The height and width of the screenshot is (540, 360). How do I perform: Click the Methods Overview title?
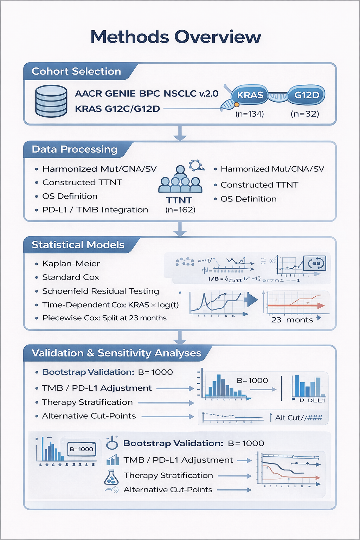(x=176, y=37)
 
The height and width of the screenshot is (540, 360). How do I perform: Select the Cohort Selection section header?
(x=76, y=71)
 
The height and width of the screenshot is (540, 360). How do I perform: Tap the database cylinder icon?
(x=51, y=101)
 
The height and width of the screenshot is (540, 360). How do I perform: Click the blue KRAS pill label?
(x=250, y=95)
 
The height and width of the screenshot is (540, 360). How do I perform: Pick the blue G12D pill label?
(x=307, y=95)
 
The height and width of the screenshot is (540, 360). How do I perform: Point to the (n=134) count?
(x=250, y=114)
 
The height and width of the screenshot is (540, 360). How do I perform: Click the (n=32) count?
(x=305, y=114)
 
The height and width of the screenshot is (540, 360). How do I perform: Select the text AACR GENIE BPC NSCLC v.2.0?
(x=147, y=94)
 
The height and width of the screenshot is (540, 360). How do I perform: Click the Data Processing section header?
(x=75, y=149)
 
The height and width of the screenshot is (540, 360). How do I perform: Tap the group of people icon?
(x=180, y=180)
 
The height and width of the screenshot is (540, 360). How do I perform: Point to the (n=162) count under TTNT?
(x=180, y=210)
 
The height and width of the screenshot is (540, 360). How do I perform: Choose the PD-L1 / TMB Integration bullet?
(x=95, y=210)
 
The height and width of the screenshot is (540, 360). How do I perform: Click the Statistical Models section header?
(x=78, y=245)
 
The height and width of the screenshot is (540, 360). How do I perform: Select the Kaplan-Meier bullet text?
(x=71, y=264)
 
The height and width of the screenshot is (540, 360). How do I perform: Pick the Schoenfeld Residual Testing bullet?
(x=101, y=291)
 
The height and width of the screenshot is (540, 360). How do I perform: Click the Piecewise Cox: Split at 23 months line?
(x=104, y=318)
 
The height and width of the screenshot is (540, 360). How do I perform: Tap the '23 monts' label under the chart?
(x=292, y=320)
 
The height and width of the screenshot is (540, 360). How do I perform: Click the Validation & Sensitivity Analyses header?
(x=116, y=353)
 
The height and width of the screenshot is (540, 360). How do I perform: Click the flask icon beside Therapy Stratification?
(x=111, y=477)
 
